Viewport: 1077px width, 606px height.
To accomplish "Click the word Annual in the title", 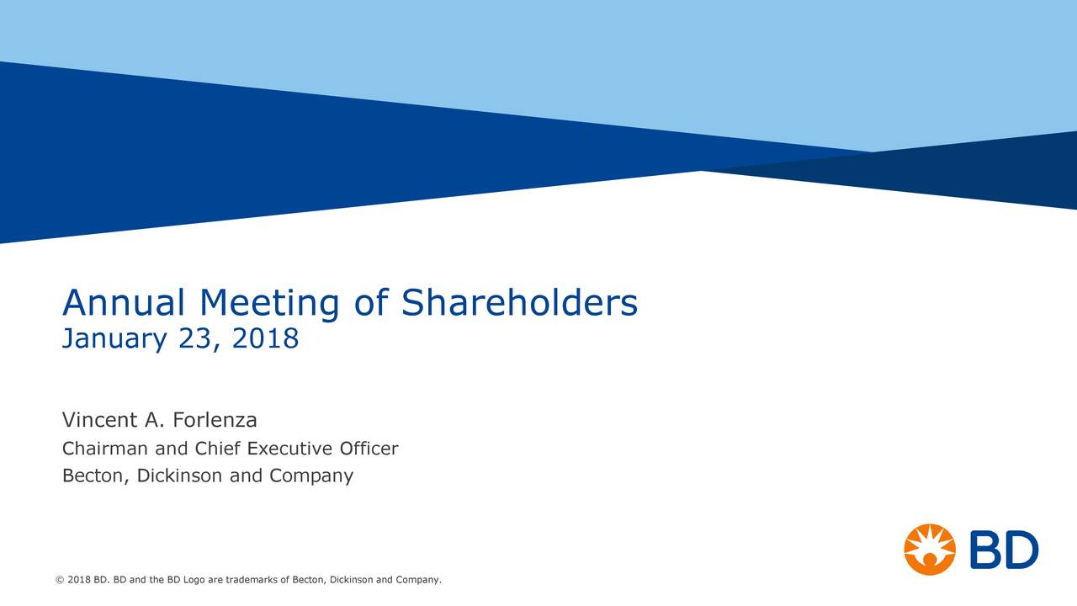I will point(124,303).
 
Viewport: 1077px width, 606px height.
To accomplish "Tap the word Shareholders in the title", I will point(519,303).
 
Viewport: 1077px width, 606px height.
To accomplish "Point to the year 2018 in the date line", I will point(265,339).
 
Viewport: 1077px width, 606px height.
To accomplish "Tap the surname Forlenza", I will point(215,419).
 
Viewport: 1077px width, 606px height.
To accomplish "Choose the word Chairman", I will point(103,449).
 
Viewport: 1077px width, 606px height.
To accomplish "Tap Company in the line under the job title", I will point(311,476).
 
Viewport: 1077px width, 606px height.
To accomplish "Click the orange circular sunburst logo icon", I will point(930,549).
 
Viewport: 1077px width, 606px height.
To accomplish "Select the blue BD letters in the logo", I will point(1004,550).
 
